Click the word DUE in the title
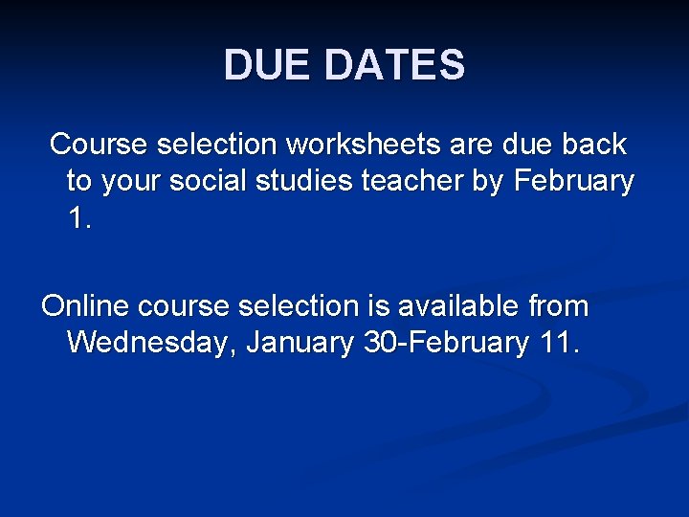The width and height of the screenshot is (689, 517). [269, 66]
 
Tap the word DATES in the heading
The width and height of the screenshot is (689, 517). [394, 66]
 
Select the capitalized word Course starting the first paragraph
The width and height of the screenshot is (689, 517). [98, 145]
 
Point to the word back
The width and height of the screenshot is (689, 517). [593, 145]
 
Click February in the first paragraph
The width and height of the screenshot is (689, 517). [574, 181]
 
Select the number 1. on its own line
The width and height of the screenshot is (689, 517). [79, 218]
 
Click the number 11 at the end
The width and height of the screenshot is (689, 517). [556, 343]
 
